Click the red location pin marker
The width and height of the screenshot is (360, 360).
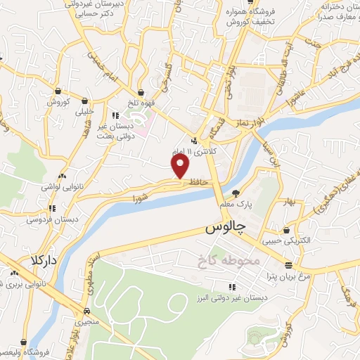click(181, 165)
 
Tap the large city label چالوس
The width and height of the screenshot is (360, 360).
click(225, 230)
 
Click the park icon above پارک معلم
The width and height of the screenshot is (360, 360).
click(236, 193)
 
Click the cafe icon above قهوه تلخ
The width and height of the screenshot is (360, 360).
click(141, 92)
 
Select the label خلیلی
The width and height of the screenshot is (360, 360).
click(84, 111)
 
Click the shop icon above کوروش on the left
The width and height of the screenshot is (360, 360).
click(57, 91)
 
